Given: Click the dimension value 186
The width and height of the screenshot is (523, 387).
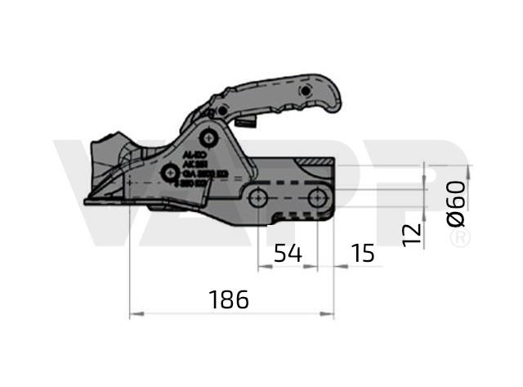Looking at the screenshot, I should pyautogui.click(x=228, y=299).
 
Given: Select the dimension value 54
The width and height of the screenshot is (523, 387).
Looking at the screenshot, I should pyautogui.click(x=287, y=253).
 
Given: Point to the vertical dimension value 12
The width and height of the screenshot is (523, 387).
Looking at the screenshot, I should pyautogui.click(x=413, y=232).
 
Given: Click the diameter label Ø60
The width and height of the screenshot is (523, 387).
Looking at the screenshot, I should pyautogui.click(x=457, y=205).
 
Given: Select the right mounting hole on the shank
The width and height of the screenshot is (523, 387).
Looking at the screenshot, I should pyautogui.click(x=316, y=196).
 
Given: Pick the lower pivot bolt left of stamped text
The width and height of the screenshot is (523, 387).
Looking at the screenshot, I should pyautogui.click(x=169, y=173).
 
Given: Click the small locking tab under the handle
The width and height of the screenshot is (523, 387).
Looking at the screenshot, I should pyautogui.click(x=249, y=123).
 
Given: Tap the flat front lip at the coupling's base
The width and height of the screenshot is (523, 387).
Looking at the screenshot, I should pyautogui.click(x=102, y=200).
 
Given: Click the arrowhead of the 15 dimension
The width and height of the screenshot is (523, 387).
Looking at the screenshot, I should pyautogui.click(x=336, y=266).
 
